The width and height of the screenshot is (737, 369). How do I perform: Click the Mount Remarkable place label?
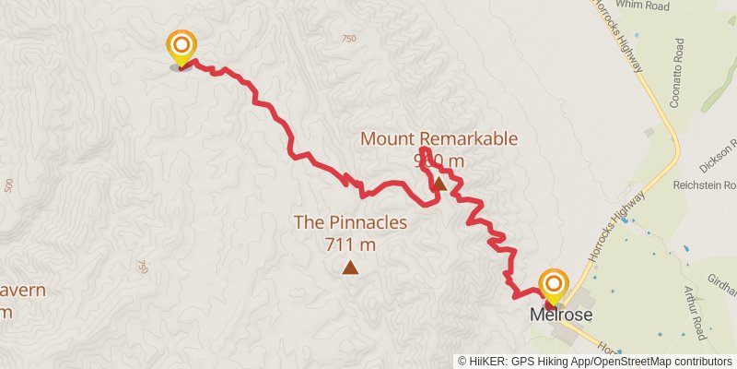[x=439, y=139]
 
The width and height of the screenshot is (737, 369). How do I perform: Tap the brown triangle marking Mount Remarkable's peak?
[x=439, y=184]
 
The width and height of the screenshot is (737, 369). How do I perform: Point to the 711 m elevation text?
[x=350, y=244]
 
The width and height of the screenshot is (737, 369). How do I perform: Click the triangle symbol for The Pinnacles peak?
[x=350, y=268]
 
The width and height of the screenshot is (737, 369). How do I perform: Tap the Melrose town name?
[x=559, y=315]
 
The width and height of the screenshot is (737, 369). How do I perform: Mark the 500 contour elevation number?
[x=8, y=185]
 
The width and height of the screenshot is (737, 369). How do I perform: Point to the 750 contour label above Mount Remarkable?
[x=347, y=38]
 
